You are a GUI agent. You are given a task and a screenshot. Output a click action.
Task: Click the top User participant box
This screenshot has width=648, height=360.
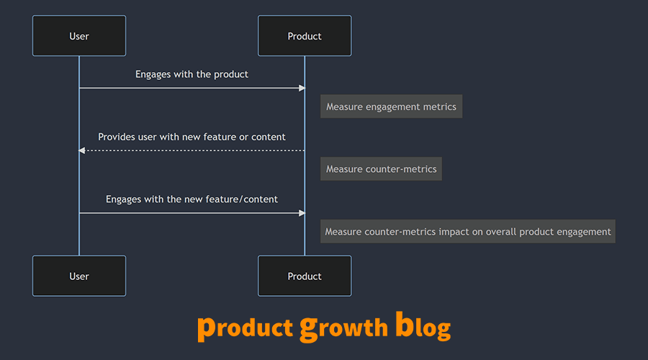(x=79, y=36)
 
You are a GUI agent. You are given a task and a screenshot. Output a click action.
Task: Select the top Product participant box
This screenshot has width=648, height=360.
(x=305, y=36)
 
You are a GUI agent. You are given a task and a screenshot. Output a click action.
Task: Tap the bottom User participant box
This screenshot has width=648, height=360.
(x=79, y=276)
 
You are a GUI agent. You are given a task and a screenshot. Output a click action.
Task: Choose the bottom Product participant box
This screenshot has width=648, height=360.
(x=305, y=276)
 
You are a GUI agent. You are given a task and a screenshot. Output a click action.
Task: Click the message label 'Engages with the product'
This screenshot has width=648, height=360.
(x=192, y=74)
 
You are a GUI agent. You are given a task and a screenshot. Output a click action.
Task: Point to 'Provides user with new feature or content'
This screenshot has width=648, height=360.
(x=192, y=137)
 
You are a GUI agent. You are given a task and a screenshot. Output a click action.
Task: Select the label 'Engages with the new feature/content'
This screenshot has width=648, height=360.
(x=192, y=199)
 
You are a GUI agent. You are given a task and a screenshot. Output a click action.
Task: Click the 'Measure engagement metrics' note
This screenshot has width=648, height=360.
(x=391, y=107)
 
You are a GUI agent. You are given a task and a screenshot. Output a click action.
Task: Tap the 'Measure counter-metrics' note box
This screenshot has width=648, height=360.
(x=381, y=169)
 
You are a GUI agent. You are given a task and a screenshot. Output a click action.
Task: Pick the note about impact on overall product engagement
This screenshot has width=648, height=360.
(x=467, y=232)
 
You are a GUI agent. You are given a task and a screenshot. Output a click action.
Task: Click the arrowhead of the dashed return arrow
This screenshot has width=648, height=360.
(x=82, y=150)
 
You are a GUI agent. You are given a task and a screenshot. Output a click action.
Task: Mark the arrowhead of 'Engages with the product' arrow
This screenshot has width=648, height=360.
(x=302, y=88)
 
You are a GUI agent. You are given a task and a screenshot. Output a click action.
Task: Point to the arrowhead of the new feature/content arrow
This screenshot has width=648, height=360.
(x=302, y=213)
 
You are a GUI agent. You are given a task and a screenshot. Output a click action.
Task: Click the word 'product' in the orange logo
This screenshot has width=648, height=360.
(x=245, y=328)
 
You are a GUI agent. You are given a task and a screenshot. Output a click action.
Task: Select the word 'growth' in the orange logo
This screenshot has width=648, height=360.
(x=344, y=328)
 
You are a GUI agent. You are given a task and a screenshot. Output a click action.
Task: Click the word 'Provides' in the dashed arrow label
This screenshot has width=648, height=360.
(x=117, y=137)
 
